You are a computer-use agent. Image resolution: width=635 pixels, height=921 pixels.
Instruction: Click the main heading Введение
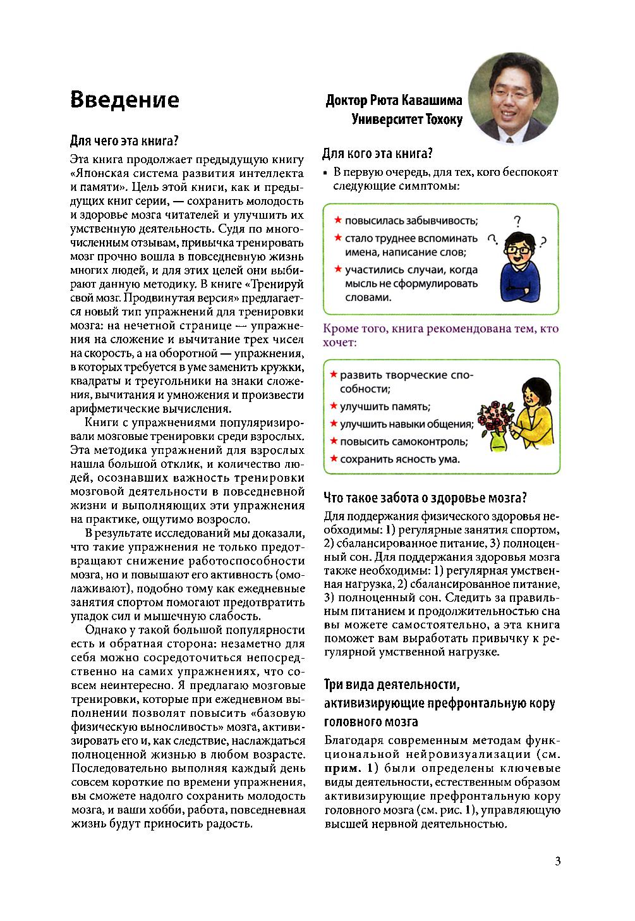point(124,100)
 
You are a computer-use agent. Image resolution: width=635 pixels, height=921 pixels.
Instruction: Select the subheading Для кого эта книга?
point(377,154)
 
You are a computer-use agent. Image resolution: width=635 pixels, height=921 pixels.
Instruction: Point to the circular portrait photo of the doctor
point(513,100)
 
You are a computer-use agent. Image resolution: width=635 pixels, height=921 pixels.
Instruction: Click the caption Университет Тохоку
point(407,119)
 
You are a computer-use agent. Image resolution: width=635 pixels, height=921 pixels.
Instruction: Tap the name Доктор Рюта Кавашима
point(394,101)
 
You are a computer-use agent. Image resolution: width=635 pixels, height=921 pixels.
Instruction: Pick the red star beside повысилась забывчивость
point(338,220)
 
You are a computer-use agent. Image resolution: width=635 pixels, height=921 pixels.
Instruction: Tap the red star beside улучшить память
point(333,406)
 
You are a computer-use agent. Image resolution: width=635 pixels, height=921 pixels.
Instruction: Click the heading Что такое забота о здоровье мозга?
point(425,497)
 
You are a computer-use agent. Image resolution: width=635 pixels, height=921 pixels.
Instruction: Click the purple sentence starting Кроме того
point(440,336)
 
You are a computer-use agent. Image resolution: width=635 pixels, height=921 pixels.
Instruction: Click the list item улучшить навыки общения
point(406,424)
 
